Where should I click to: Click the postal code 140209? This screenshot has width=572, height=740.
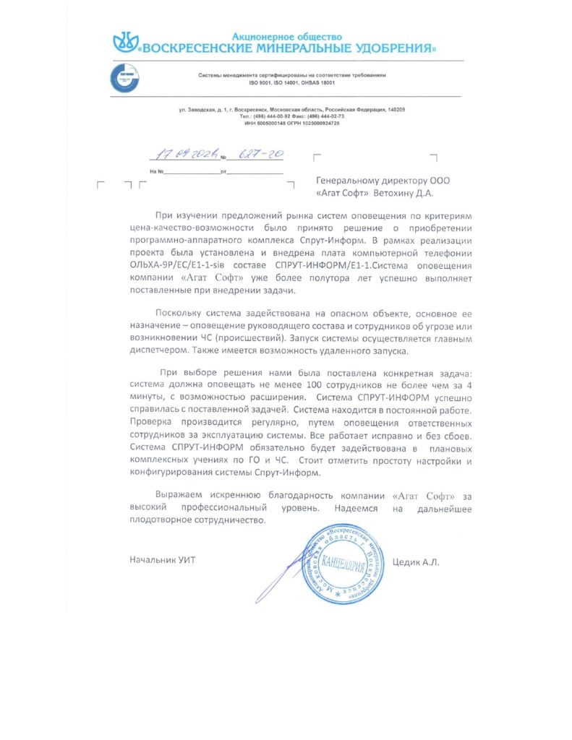pos(395,109)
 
